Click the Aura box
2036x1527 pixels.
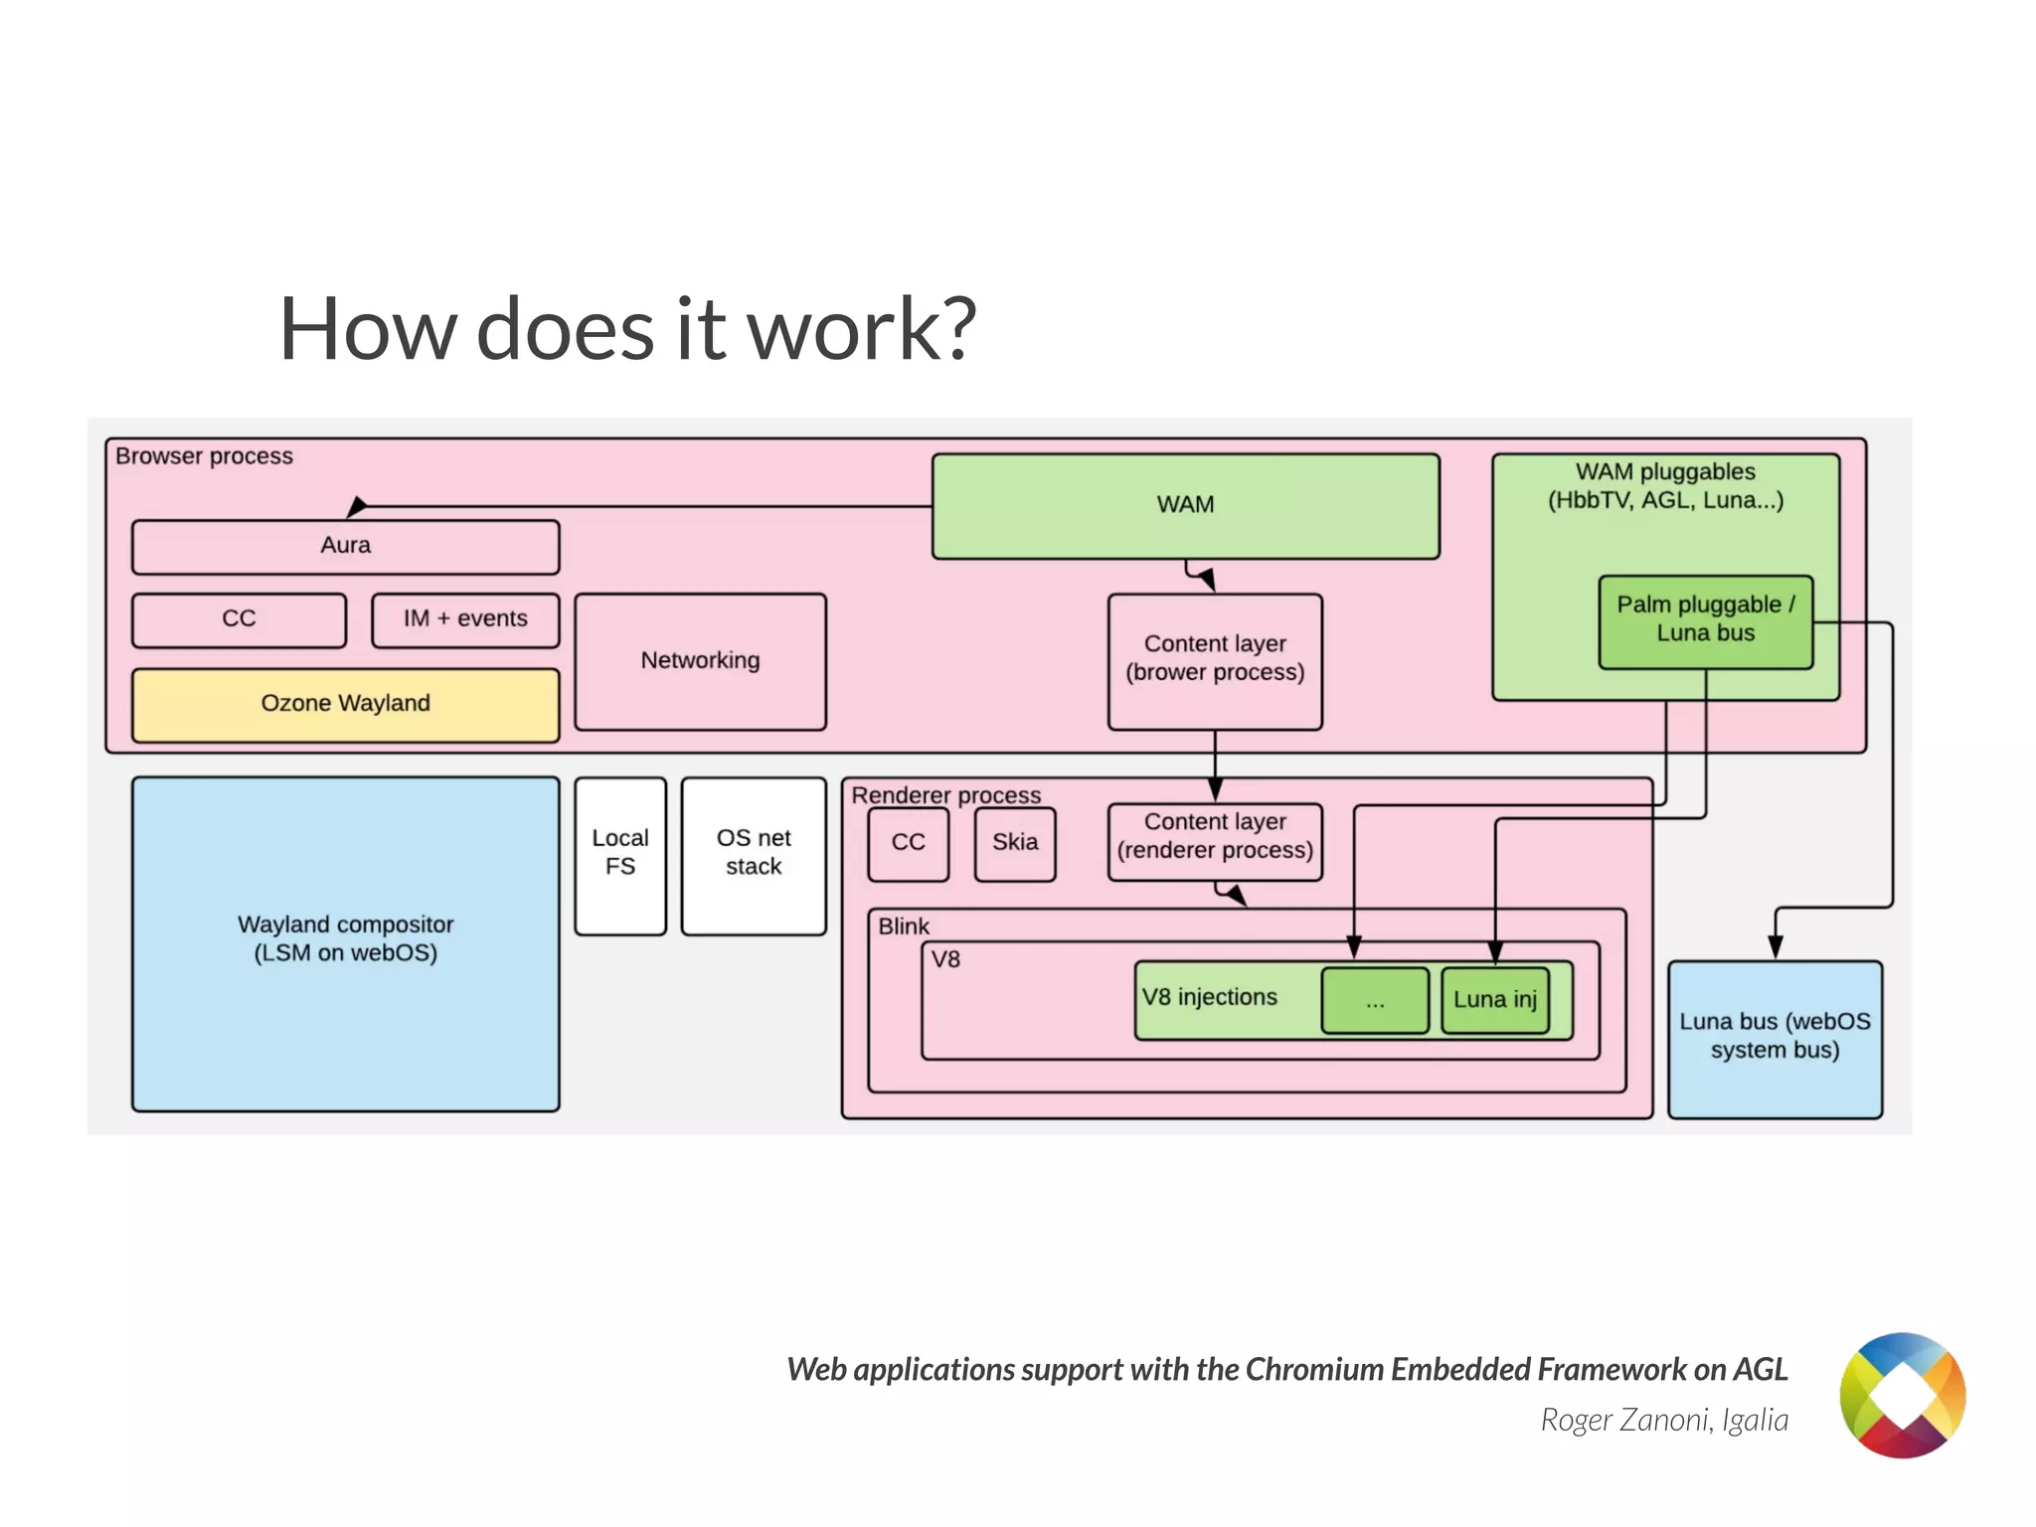coord(345,546)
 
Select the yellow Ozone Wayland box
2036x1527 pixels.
coord(345,704)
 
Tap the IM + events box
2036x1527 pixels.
coord(465,619)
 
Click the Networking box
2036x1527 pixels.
coord(700,661)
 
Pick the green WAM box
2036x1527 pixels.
coord(1185,505)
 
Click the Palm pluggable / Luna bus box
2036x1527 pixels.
coord(1705,620)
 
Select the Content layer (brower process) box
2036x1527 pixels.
coord(1215,659)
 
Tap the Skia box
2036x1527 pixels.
coord(1014,843)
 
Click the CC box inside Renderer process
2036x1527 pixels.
coord(908,843)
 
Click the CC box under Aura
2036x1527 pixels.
coord(239,619)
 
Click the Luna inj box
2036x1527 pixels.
coord(1494,1000)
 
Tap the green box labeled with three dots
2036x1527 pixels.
coord(1375,1000)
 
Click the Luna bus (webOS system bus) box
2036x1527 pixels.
coord(1775,1037)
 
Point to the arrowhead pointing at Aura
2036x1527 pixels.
coord(356,508)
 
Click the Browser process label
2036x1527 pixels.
coord(204,456)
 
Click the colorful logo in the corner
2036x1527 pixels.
coord(1901,1396)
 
